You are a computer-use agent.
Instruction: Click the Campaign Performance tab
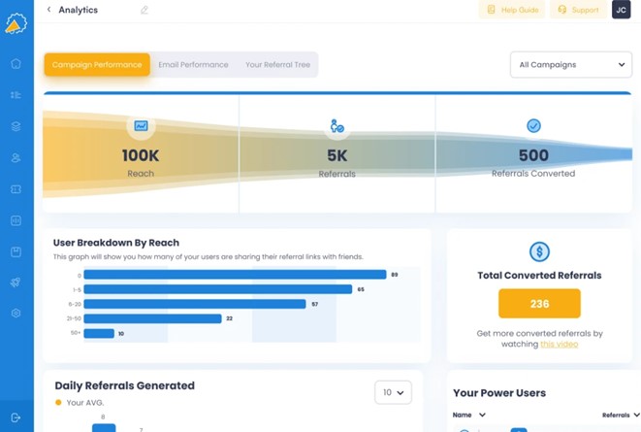97,65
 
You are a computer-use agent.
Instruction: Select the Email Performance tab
193,65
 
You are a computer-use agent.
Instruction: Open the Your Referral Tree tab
277,65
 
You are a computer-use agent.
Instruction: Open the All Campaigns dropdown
571,65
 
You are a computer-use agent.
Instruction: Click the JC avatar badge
621,10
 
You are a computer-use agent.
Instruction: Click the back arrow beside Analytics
49,10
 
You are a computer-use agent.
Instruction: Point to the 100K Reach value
141,155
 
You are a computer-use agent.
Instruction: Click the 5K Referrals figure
337,155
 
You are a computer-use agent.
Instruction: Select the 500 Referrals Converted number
533,155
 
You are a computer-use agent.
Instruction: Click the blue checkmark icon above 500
533,126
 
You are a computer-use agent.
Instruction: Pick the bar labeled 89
235,275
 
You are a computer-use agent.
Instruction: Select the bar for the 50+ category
99,333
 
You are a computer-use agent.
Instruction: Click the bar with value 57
194,304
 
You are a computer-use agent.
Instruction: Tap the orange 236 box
539,304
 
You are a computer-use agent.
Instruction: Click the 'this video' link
559,344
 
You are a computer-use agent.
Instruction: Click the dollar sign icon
539,252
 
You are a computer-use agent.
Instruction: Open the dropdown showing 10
393,392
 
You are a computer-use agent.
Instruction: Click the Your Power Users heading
499,393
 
